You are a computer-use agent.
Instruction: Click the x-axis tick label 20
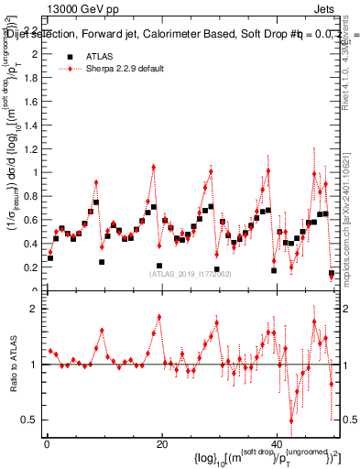coord(162,444)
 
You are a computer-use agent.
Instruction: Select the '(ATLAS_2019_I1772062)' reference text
coord(191,273)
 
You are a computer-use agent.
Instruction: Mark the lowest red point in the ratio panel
coord(291,420)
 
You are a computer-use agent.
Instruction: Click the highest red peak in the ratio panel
coord(158,317)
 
